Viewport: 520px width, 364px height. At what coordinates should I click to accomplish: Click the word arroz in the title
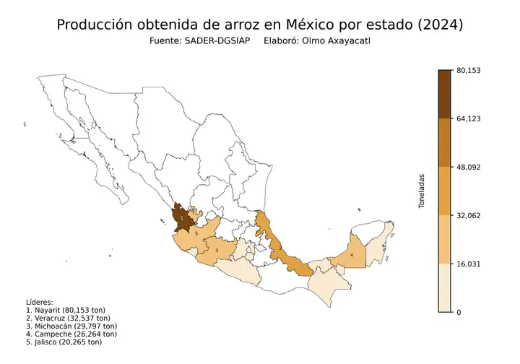(227, 25)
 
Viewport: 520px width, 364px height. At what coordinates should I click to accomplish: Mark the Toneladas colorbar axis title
(422, 191)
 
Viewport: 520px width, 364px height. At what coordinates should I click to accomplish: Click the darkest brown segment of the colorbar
(446, 94)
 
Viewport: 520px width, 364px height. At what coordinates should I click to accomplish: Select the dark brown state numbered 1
(183, 217)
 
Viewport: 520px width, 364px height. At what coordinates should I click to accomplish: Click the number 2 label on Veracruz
(280, 248)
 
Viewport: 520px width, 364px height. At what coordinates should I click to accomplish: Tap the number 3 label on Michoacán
(217, 251)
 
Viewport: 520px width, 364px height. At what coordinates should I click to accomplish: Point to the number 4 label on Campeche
(352, 254)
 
